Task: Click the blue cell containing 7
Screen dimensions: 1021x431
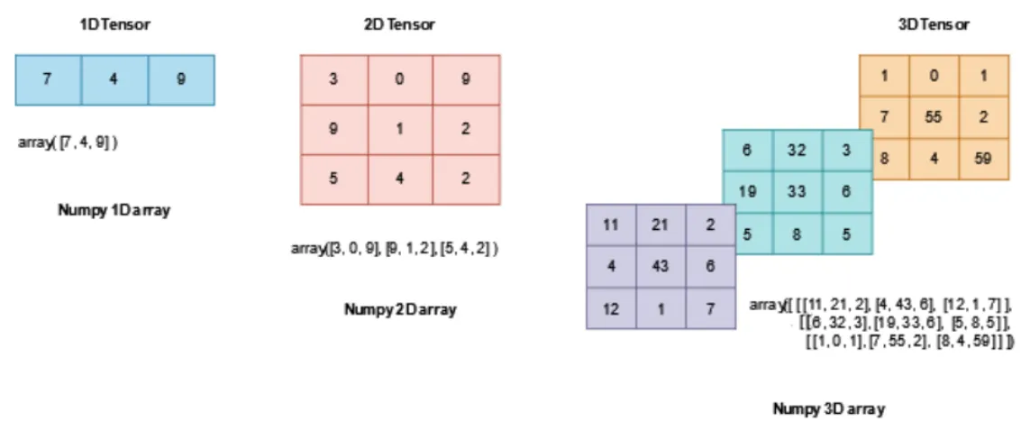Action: pyautogui.click(x=48, y=79)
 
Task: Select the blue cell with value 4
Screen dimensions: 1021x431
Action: pyautogui.click(x=114, y=79)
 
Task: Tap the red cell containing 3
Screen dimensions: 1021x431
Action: pyautogui.click(x=334, y=79)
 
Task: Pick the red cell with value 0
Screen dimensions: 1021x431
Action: pyautogui.click(x=400, y=79)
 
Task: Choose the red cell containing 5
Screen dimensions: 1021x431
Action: pyautogui.click(x=334, y=179)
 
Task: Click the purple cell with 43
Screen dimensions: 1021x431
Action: pyautogui.click(x=661, y=266)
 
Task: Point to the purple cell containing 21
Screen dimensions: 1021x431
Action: pyautogui.click(x=661, y=225)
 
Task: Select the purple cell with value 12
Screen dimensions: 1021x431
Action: pyautogui.click(x=611, y=308)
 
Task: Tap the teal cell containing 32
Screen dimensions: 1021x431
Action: pyautogui.click(x=797, y=150)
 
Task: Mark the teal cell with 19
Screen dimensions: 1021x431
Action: pyautogui.click(x=748, y=191)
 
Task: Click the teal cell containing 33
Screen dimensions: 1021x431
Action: pyautogui.click(x=797, y=191)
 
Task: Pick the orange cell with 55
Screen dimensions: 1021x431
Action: pyautogui.click(x=934, y=116)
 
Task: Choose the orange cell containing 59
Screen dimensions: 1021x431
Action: pyautogui.click(x=981, y=158)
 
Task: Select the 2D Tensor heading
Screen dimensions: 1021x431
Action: pyautogui.click(x=399, y=25)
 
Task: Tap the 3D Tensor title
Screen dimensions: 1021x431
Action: pyautogui.click(x=933, y=25)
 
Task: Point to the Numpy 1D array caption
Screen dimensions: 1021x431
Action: pyautogui.click(x=114, y=211)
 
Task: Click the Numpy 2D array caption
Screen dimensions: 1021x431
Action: pyautogui.click(x=400, y=309)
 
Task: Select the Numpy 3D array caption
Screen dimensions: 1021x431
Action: pyautogui.click(x=829, y=409)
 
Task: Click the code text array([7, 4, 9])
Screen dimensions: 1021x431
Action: pyautogui.click(x=68, y=142)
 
